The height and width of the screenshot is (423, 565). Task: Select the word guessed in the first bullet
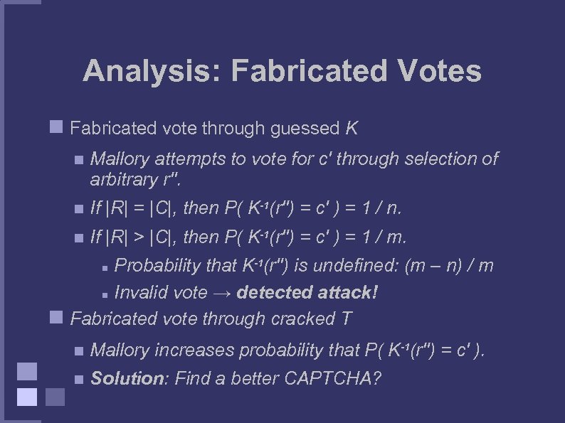coord(307,129)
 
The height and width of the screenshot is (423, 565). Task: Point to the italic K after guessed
coord(352,129)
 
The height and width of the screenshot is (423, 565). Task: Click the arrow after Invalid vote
coord(223,292)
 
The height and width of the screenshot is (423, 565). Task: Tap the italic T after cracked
coord(346,318)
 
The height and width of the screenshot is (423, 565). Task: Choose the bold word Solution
coord(127,378)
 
